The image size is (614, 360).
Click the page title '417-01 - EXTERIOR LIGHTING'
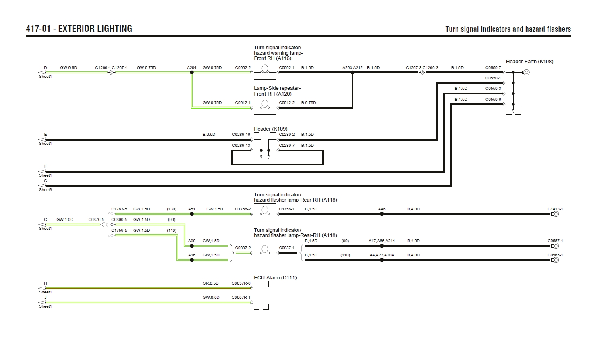coord(79,29)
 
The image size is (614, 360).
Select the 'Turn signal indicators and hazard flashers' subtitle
coord(508,29)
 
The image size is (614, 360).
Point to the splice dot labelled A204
coord(192,73)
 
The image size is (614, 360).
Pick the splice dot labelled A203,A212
coord(353,73)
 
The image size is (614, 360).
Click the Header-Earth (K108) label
coord(529,62)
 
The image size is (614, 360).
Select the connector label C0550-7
coord(493,68)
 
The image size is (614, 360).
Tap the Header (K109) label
coord(270,129)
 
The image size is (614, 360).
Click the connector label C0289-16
coord(241,135)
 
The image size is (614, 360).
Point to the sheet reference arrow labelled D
coord(42,73)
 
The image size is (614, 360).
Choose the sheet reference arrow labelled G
coord(42,186)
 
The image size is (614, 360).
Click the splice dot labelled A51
coord(192,214)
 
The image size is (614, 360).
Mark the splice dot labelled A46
coord(382,214)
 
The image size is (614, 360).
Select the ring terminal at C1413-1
coord(556,214)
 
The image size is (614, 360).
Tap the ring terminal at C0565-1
coord(556,260)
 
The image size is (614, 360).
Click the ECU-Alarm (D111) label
coord(275,278)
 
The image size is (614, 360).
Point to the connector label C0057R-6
coord(241,283)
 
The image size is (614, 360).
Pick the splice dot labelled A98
coord(192,246)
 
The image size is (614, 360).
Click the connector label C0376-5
coord(96,220)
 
